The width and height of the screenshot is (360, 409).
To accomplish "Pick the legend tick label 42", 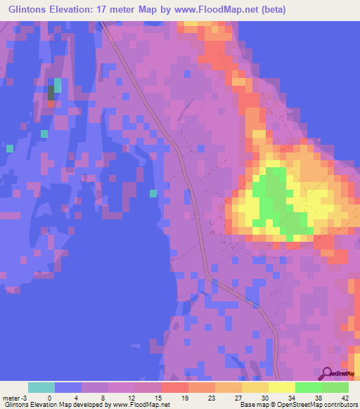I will click(x=345, y=397).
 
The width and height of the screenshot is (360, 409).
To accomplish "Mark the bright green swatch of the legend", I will click(x=308, y=387).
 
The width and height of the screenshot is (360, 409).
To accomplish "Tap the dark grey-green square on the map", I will click(x=51, y=92).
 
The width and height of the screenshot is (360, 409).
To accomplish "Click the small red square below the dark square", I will click(x=51, y=104).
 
